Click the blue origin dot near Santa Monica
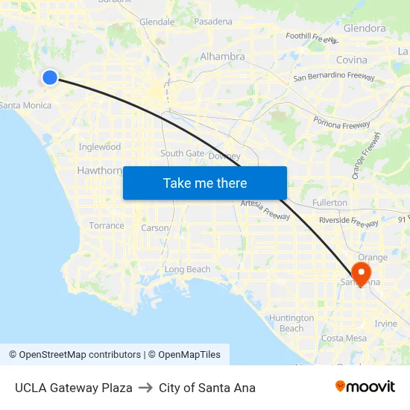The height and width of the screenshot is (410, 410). [x=50, y=78]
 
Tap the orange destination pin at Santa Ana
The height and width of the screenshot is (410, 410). [x=361, y=272]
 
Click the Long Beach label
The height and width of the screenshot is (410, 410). [x=187, y=269]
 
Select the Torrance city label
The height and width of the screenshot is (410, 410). [x=107, y=225]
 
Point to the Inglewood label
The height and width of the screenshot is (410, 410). [x=100, y=147]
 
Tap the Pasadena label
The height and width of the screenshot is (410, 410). [x=213, y=22]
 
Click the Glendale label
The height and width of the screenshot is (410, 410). [x=157, y=22]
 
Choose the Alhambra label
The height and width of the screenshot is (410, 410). [x=222, y=57]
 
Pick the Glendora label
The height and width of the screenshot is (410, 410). [x=365, y=28]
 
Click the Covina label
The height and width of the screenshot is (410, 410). [x=352, y=60]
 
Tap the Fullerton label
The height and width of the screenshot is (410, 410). [x=329, y=202]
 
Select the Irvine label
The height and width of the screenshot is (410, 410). [x=385, y=324]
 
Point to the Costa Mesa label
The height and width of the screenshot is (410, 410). [x=344, y=338]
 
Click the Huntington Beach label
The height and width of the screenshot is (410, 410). [x=291, y=323]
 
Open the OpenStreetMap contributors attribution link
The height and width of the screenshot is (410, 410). [x=75, y=355]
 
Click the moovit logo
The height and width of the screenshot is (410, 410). [x=365, y=387]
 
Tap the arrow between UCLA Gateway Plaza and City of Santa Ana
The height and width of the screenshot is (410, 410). [x=145, y=388]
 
